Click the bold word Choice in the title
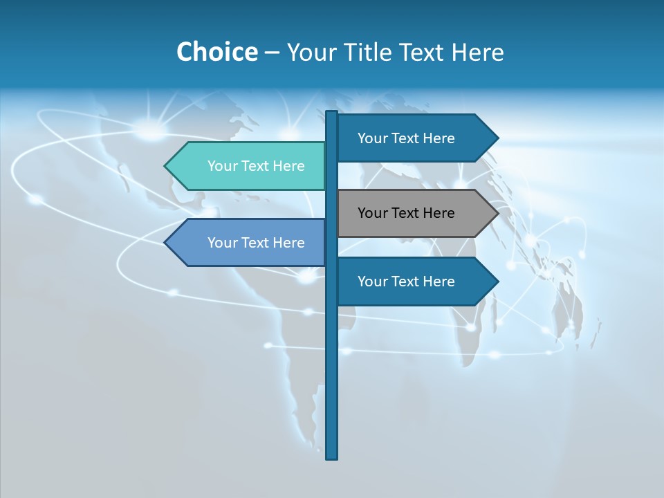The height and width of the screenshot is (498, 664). coord(216,52)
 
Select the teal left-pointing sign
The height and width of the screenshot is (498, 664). coord(256,166)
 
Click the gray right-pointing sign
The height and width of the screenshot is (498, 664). coord(408,213)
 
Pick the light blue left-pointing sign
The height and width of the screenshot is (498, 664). coord(256,243)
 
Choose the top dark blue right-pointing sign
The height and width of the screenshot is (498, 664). coord(408,138)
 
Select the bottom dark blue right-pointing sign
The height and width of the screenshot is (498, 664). coord(408,282)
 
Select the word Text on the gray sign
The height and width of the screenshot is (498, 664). coord(406,213)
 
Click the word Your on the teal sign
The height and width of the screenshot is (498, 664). coord(222,166)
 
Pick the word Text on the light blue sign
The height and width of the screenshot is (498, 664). coord(256,243)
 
